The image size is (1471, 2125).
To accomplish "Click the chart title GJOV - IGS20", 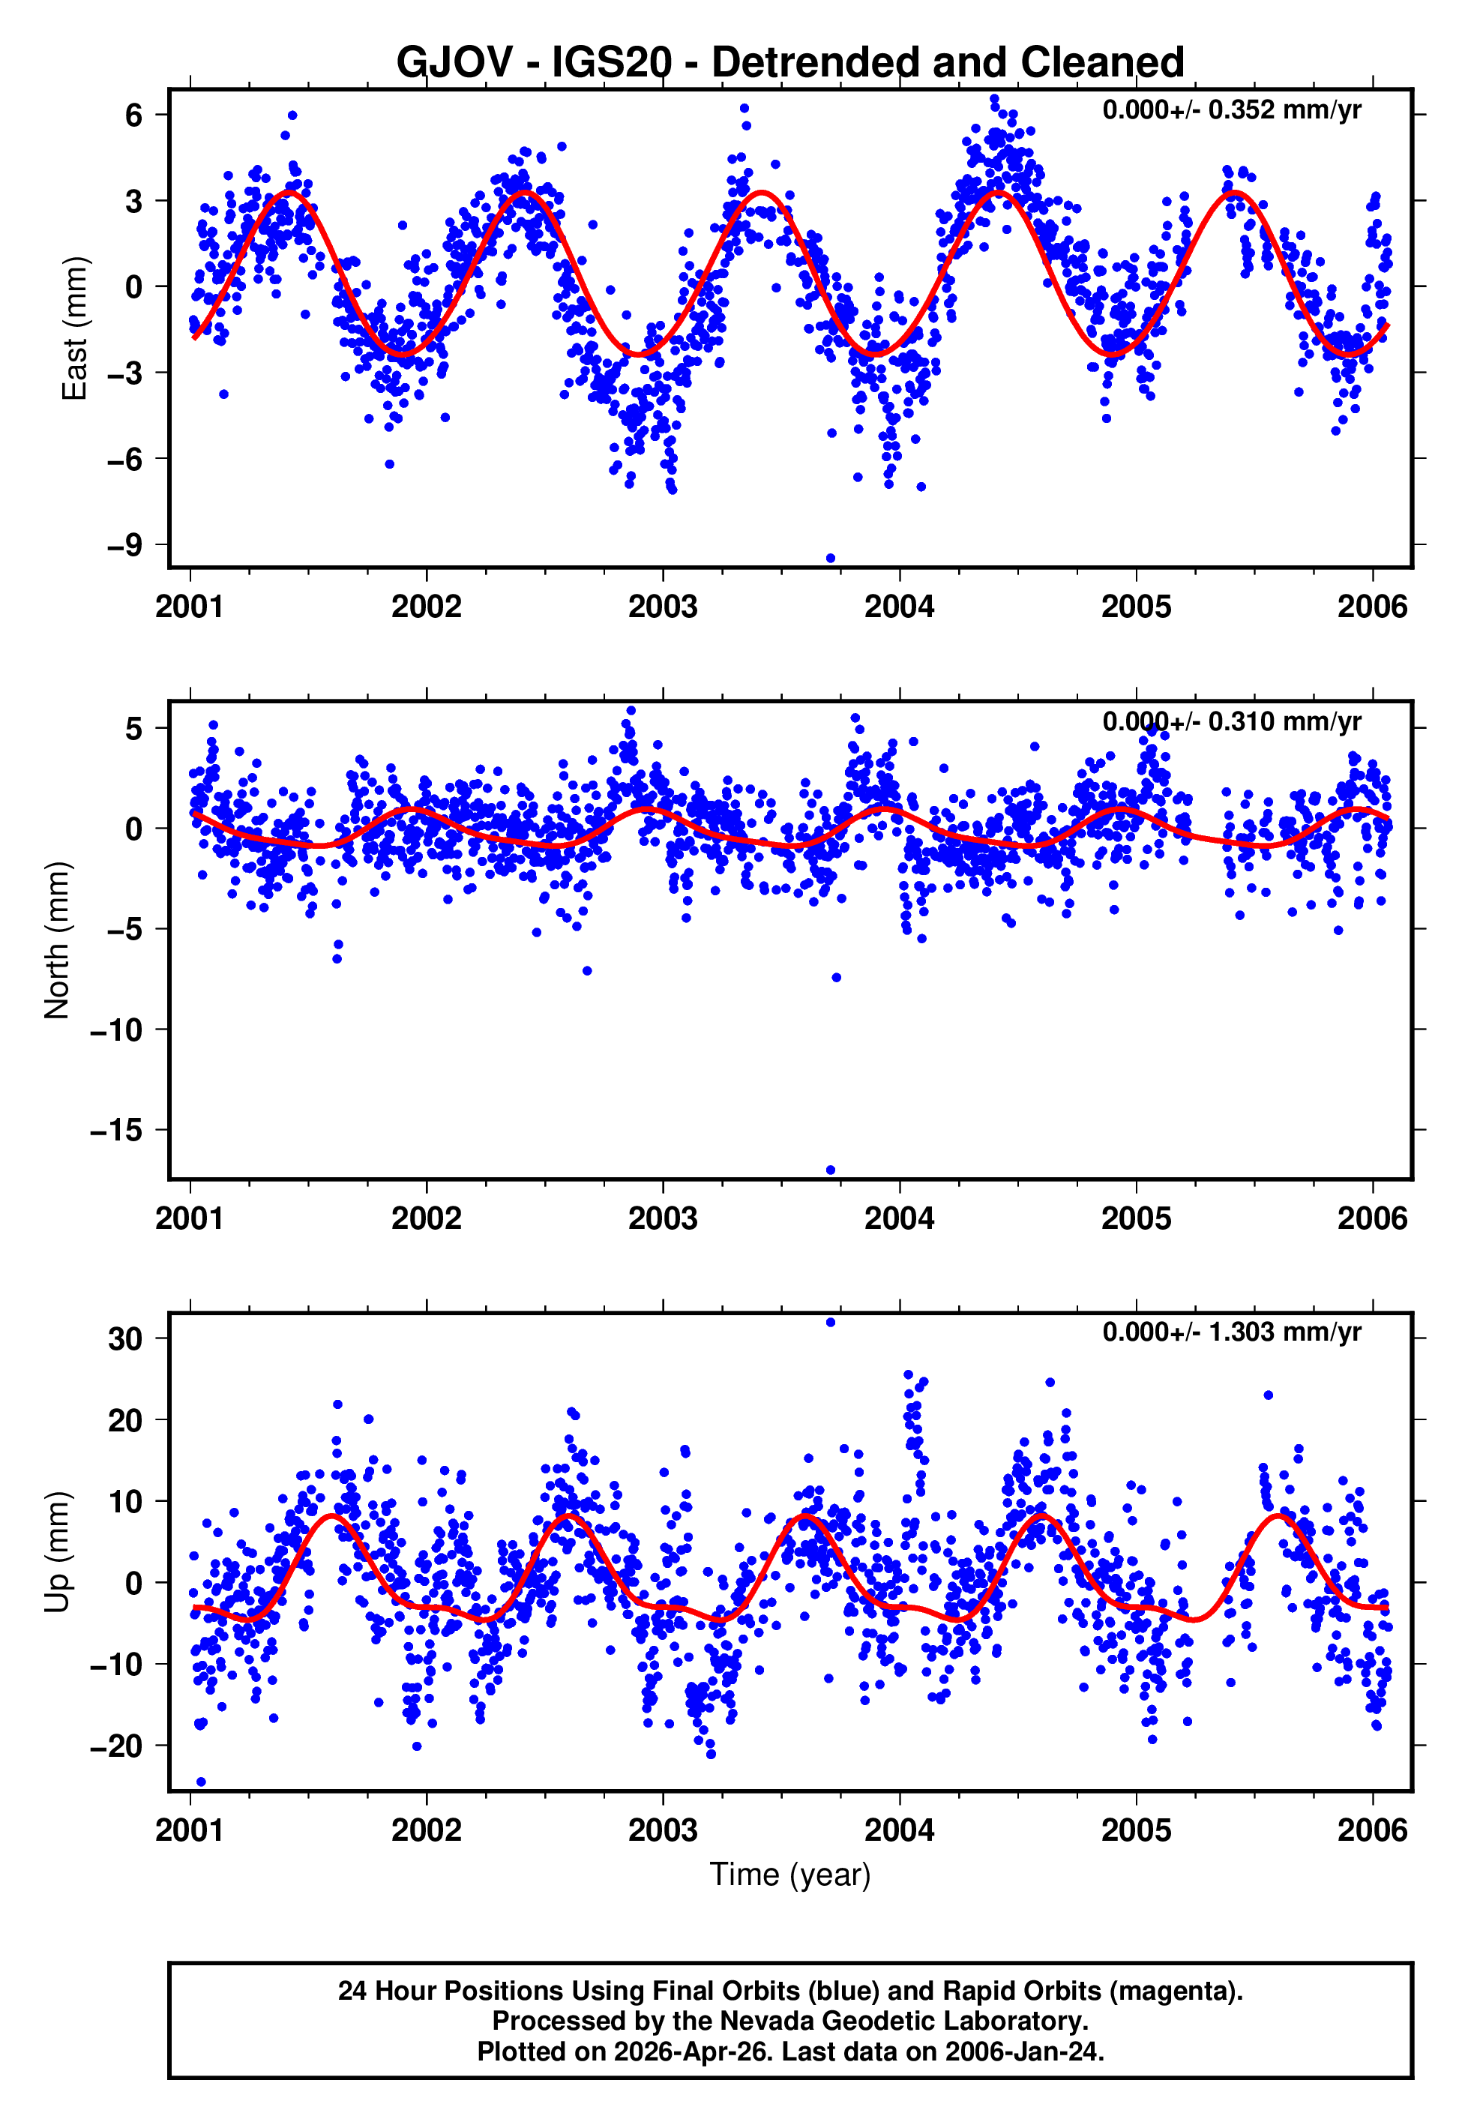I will tap(790, 63).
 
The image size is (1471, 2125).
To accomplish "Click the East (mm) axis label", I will tap(73, 328).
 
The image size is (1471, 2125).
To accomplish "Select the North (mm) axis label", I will tap(57, 940).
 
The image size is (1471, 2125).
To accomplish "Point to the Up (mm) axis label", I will tap(57, 1552).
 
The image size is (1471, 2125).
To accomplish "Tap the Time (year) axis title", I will tap(790, 1875).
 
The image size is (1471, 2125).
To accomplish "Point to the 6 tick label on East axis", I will tap(133, 115).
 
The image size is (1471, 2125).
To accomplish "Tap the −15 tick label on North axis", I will tap(115, 1130).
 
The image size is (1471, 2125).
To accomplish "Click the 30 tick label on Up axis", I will tap(124, 1339).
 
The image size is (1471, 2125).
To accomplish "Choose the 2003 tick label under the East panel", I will tap(663, 607).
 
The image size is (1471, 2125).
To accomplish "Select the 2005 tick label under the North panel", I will tap(1136, 1219).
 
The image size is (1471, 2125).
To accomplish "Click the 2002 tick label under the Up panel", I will tap(426, 1830).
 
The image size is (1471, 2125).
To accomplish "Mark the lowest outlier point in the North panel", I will tap(831, 1170).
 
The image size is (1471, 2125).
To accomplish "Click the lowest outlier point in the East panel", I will tap(831, 559).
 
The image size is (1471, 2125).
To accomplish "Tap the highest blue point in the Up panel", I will tap(831, 1323).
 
